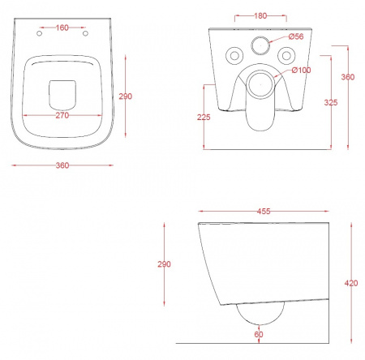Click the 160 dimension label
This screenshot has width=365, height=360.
[x=62, y=28]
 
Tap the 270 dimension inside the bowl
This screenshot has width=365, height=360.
[x=62, y=115]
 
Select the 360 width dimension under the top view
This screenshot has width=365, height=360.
[x=62, y=165]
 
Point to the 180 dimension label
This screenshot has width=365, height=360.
[x=260, y=15]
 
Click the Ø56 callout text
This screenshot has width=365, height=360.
[x=296, y=36]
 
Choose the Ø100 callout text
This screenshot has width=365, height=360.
[x=301, y=71]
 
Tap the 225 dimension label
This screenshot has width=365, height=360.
[x=204, y=117]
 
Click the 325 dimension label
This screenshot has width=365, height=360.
[x=331, y=102]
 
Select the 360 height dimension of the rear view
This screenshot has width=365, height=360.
[x=348, y=77]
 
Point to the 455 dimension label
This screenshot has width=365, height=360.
[x=264, y=211]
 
